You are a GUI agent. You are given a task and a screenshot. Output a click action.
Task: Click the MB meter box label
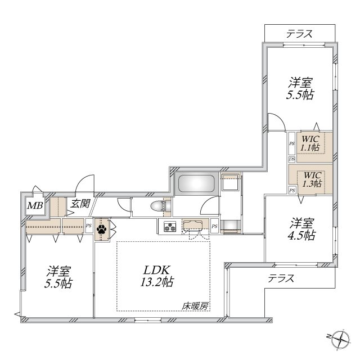click(x=35, y=206)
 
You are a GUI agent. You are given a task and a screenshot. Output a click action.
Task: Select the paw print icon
click(x=102, y=229)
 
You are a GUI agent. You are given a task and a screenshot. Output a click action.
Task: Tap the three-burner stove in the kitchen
click(x=169, y=227)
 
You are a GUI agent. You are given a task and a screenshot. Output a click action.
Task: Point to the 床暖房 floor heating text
click(x=195, y=306)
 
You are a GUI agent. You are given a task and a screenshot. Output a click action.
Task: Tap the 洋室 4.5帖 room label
click(x=302, y=228)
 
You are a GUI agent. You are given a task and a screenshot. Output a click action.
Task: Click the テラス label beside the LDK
click(x=281, y=278)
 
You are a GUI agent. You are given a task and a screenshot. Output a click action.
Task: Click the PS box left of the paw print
click(x=88, y=227)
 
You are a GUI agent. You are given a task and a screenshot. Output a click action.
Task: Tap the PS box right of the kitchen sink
click(x=215, y=227)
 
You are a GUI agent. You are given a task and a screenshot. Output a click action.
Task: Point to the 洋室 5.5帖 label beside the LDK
click(x=59, y=275)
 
